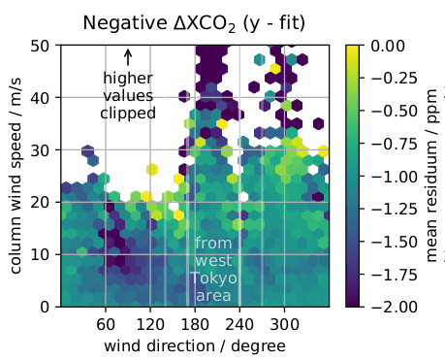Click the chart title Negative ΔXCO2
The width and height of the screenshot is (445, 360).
tap(193, 22)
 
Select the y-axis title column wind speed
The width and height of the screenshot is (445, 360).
tap(17, 176)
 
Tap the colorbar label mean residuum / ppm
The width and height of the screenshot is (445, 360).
tap(432, 176)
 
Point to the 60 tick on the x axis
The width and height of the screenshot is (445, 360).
tap(106, 323)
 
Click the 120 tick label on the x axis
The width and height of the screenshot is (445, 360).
tap(150, 323)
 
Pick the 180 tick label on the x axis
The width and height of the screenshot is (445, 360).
tap(195, 323)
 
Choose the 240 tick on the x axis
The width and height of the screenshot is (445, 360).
tap(239, 323)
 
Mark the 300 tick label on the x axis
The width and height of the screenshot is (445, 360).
tap(284, 323)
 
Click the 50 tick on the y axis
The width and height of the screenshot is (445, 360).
tap(41, 46)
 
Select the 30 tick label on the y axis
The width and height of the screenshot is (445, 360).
tap(41, 149)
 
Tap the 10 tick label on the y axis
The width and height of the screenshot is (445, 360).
tap(41, 254)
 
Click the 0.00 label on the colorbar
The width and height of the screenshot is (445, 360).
tap(388, 46)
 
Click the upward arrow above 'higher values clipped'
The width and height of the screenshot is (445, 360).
tap(127, 58)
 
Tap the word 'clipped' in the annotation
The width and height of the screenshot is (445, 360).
tap(127, 113)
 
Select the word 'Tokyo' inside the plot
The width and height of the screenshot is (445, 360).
tap(213, 278)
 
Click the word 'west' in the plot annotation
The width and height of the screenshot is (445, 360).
tap(213, 261)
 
